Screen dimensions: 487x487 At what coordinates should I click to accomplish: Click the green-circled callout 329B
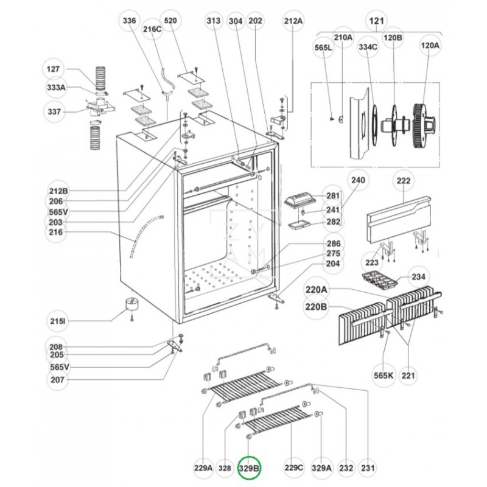coord(248,468)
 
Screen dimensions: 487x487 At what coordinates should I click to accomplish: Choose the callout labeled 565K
coord(384,376)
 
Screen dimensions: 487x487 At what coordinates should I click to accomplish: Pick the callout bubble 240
coord(359,181)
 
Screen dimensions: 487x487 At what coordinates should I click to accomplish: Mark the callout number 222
coord(404,181)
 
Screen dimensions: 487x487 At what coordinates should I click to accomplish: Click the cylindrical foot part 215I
coord(130,304)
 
